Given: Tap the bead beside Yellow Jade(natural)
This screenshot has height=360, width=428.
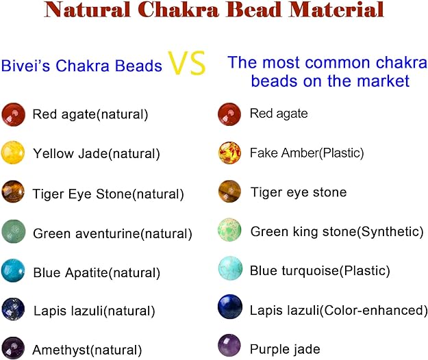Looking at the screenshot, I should (x=13, y=152).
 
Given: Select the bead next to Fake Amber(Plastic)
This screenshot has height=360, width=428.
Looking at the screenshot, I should (x=229, y=152).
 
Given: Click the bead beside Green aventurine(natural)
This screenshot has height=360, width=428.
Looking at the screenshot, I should (x=13, y=231).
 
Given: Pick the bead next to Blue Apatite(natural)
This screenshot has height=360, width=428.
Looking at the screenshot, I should (x=13, y=271).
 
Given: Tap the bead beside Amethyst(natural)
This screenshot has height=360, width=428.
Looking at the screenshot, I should (x=13, y=348).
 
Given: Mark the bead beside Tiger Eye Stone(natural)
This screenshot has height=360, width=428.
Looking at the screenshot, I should (x=13, y=192).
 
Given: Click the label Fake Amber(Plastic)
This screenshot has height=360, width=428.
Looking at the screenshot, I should (x=307, y=153).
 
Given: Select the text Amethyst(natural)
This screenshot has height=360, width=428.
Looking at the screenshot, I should (x=88, y=350).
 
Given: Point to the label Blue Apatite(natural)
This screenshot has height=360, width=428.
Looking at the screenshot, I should (x=97, y=272).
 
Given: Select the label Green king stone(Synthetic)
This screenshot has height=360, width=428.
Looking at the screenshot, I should (x=337, y=231).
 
